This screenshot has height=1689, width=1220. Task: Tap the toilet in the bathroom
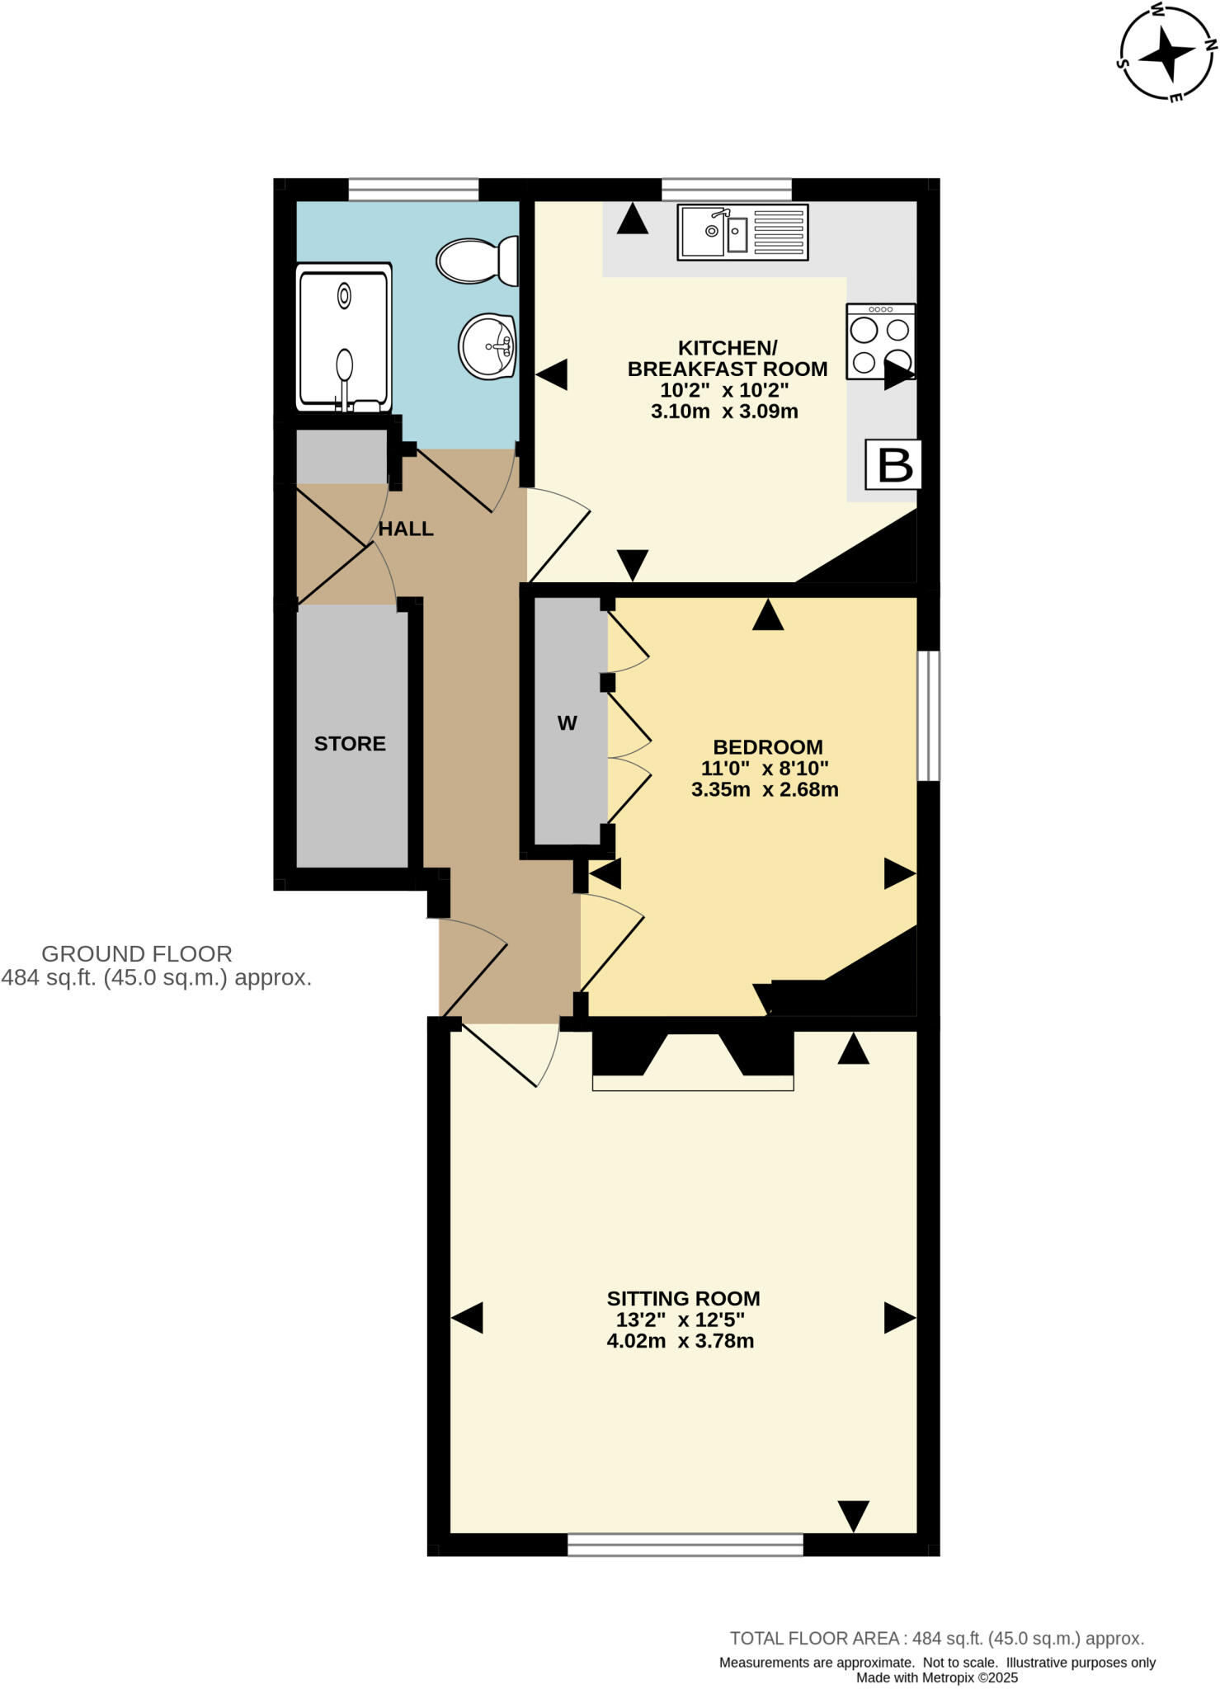click(476, 261)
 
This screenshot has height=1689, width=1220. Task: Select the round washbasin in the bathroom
click(488, 346)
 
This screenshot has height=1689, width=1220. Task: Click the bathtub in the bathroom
click(344, 337)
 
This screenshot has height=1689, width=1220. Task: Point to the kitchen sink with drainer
click(742, 233)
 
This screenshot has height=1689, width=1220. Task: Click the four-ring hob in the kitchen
click(880, 341)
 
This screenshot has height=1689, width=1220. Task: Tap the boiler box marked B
click(893, 464)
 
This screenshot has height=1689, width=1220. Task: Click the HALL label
click(406, 529)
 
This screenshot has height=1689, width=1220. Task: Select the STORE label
click(350, 743)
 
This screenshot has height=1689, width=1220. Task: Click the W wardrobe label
click(567, 723)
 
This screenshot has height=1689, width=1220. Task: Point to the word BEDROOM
click(767, 746)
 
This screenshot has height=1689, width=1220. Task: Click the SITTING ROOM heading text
click(683, 1298)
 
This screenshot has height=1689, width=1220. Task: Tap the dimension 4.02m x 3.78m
click(680, 1341)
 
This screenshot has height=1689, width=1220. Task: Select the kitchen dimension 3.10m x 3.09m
click(724, 412)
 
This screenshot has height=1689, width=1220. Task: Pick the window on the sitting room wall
click(685, 1545)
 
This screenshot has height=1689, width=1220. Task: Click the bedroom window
click(929, 715)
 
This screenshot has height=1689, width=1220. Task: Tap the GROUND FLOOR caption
click(137, 953)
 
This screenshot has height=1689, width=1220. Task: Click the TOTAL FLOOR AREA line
click(936, 1639)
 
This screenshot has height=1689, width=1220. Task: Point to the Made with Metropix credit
click(936, 1677)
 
